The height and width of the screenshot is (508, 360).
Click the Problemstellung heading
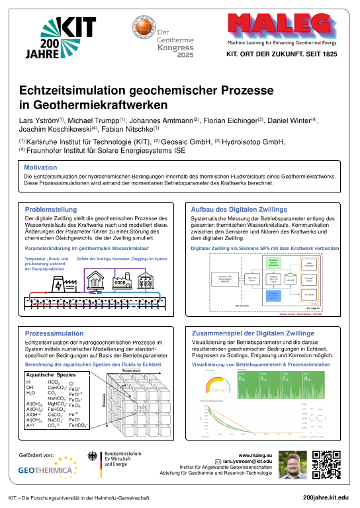52,209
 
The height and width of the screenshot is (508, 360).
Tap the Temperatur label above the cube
132,370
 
